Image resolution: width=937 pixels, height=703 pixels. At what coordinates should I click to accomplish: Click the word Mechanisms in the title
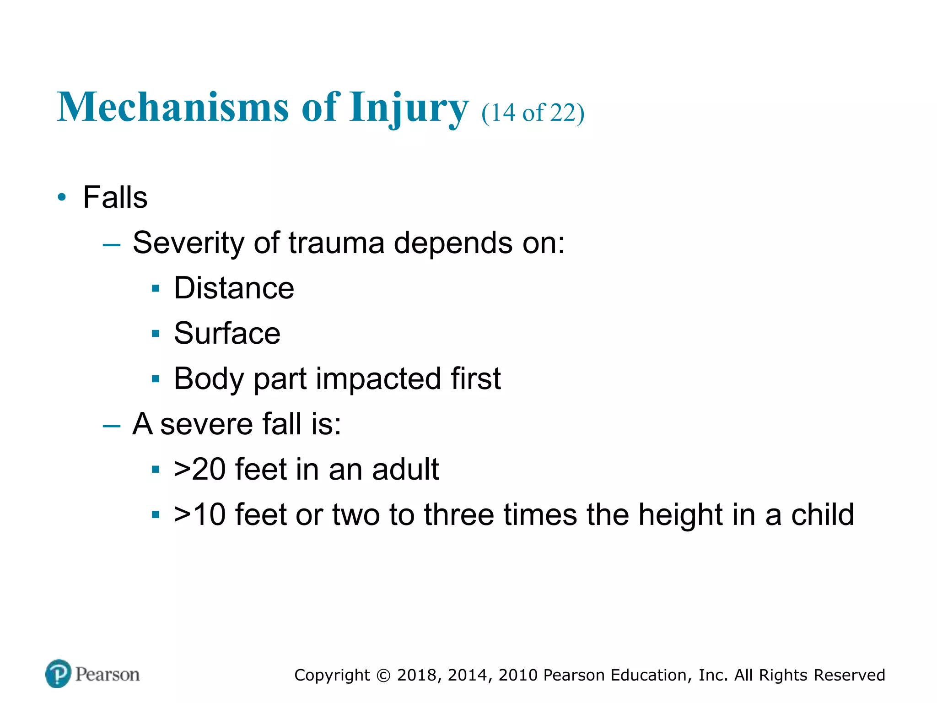pos(173,107)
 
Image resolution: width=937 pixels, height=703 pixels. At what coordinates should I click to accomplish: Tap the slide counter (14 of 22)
pos(533,113)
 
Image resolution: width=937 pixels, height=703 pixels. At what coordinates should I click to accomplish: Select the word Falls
pos(115,197)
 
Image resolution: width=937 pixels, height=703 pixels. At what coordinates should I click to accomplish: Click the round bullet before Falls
pos(62,198)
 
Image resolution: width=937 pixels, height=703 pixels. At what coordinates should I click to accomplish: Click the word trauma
pos(336,243)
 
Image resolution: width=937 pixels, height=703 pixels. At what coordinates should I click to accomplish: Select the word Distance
pos(234,288)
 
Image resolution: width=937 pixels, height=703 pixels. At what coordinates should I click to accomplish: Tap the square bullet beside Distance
pos(156,288)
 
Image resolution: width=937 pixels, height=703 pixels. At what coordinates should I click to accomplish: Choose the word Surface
pos(227,333)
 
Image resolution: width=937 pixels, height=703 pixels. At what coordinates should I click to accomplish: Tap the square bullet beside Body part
pos(156,379)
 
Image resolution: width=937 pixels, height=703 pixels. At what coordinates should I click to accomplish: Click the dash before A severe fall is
pos(112,426)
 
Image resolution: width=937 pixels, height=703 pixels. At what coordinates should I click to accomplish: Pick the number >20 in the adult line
pos(200,469)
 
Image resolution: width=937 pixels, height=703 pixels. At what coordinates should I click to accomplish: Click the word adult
pos(405,469)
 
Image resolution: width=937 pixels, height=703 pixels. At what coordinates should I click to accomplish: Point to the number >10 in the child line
pos(200,514)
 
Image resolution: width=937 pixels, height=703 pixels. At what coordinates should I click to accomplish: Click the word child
pos(823,514)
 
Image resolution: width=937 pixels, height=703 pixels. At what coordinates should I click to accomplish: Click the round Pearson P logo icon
pos(58,673)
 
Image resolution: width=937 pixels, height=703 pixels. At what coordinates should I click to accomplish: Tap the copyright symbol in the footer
pos(383,676)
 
